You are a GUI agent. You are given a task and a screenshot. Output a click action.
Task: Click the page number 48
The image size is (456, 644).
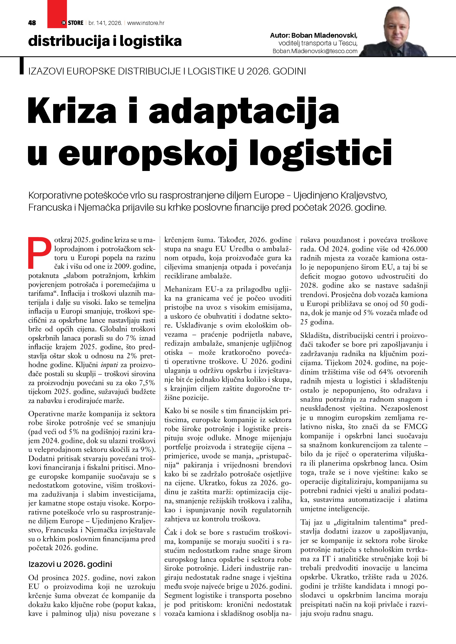32,23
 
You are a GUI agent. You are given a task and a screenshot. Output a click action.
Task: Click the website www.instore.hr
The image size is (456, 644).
146,23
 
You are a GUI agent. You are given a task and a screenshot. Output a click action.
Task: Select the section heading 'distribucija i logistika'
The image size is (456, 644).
105,41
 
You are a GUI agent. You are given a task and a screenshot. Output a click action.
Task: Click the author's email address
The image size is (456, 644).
315,51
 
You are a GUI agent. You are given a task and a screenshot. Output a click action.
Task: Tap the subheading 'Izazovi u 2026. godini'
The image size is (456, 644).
70,564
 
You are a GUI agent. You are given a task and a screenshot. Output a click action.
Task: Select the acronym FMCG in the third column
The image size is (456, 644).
416,427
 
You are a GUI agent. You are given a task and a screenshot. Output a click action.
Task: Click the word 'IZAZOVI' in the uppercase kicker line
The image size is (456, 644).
46,72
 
